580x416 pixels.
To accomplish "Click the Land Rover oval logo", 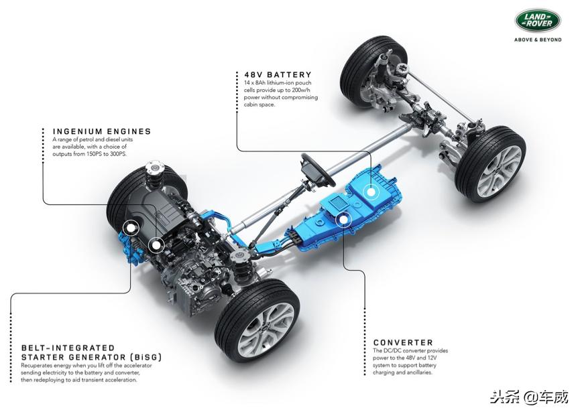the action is pos(538,20).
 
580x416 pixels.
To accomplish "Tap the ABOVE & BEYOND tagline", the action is pos(538,40).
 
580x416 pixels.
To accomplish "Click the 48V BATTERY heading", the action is pos(278,74).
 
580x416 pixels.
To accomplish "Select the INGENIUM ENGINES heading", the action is pos(102,131).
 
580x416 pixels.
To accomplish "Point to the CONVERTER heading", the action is pos(403,342).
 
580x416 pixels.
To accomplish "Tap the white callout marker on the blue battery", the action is pos(370,192).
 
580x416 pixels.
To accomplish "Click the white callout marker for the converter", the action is pos(344,220).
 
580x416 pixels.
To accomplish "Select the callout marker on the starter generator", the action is pos(130,229).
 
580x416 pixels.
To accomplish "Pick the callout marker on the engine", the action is pos(156,245).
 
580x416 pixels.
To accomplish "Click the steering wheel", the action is pos(317,170).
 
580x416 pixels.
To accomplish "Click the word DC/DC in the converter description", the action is pos(392,350).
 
